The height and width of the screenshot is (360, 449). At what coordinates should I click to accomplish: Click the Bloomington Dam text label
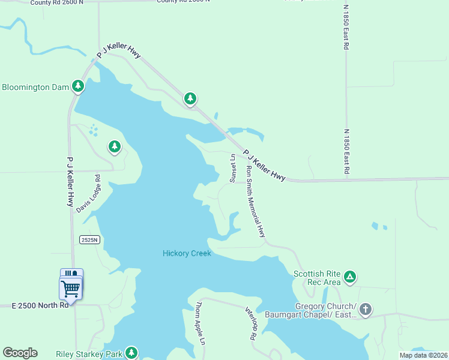pos(35,87)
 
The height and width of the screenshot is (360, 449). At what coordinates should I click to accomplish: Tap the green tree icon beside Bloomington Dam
pos(77,87)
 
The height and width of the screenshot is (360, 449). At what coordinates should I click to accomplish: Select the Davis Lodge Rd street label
pos(88,193)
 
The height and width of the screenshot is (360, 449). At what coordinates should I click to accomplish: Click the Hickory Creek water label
pos(187,253)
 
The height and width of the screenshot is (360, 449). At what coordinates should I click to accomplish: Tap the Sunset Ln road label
pos(233,169)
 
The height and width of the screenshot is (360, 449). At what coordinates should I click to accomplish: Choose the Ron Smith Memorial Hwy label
pos(255,202)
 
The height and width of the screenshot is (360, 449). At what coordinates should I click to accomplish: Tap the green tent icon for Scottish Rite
pos(350,277)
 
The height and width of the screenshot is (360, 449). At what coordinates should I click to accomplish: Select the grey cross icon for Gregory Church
pos(365,310)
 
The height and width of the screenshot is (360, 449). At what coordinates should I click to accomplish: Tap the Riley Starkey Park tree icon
pos(131,353)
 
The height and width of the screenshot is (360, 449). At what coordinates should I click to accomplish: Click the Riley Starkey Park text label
pos(89,354)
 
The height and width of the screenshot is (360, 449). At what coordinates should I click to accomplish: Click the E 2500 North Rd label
pos(40,305)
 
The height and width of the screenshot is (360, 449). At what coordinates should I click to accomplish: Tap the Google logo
pos(20,353)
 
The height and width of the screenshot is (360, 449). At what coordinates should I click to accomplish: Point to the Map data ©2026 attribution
pos(423,355)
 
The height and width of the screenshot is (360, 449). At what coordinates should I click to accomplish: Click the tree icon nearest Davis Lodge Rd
pos(114,146)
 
